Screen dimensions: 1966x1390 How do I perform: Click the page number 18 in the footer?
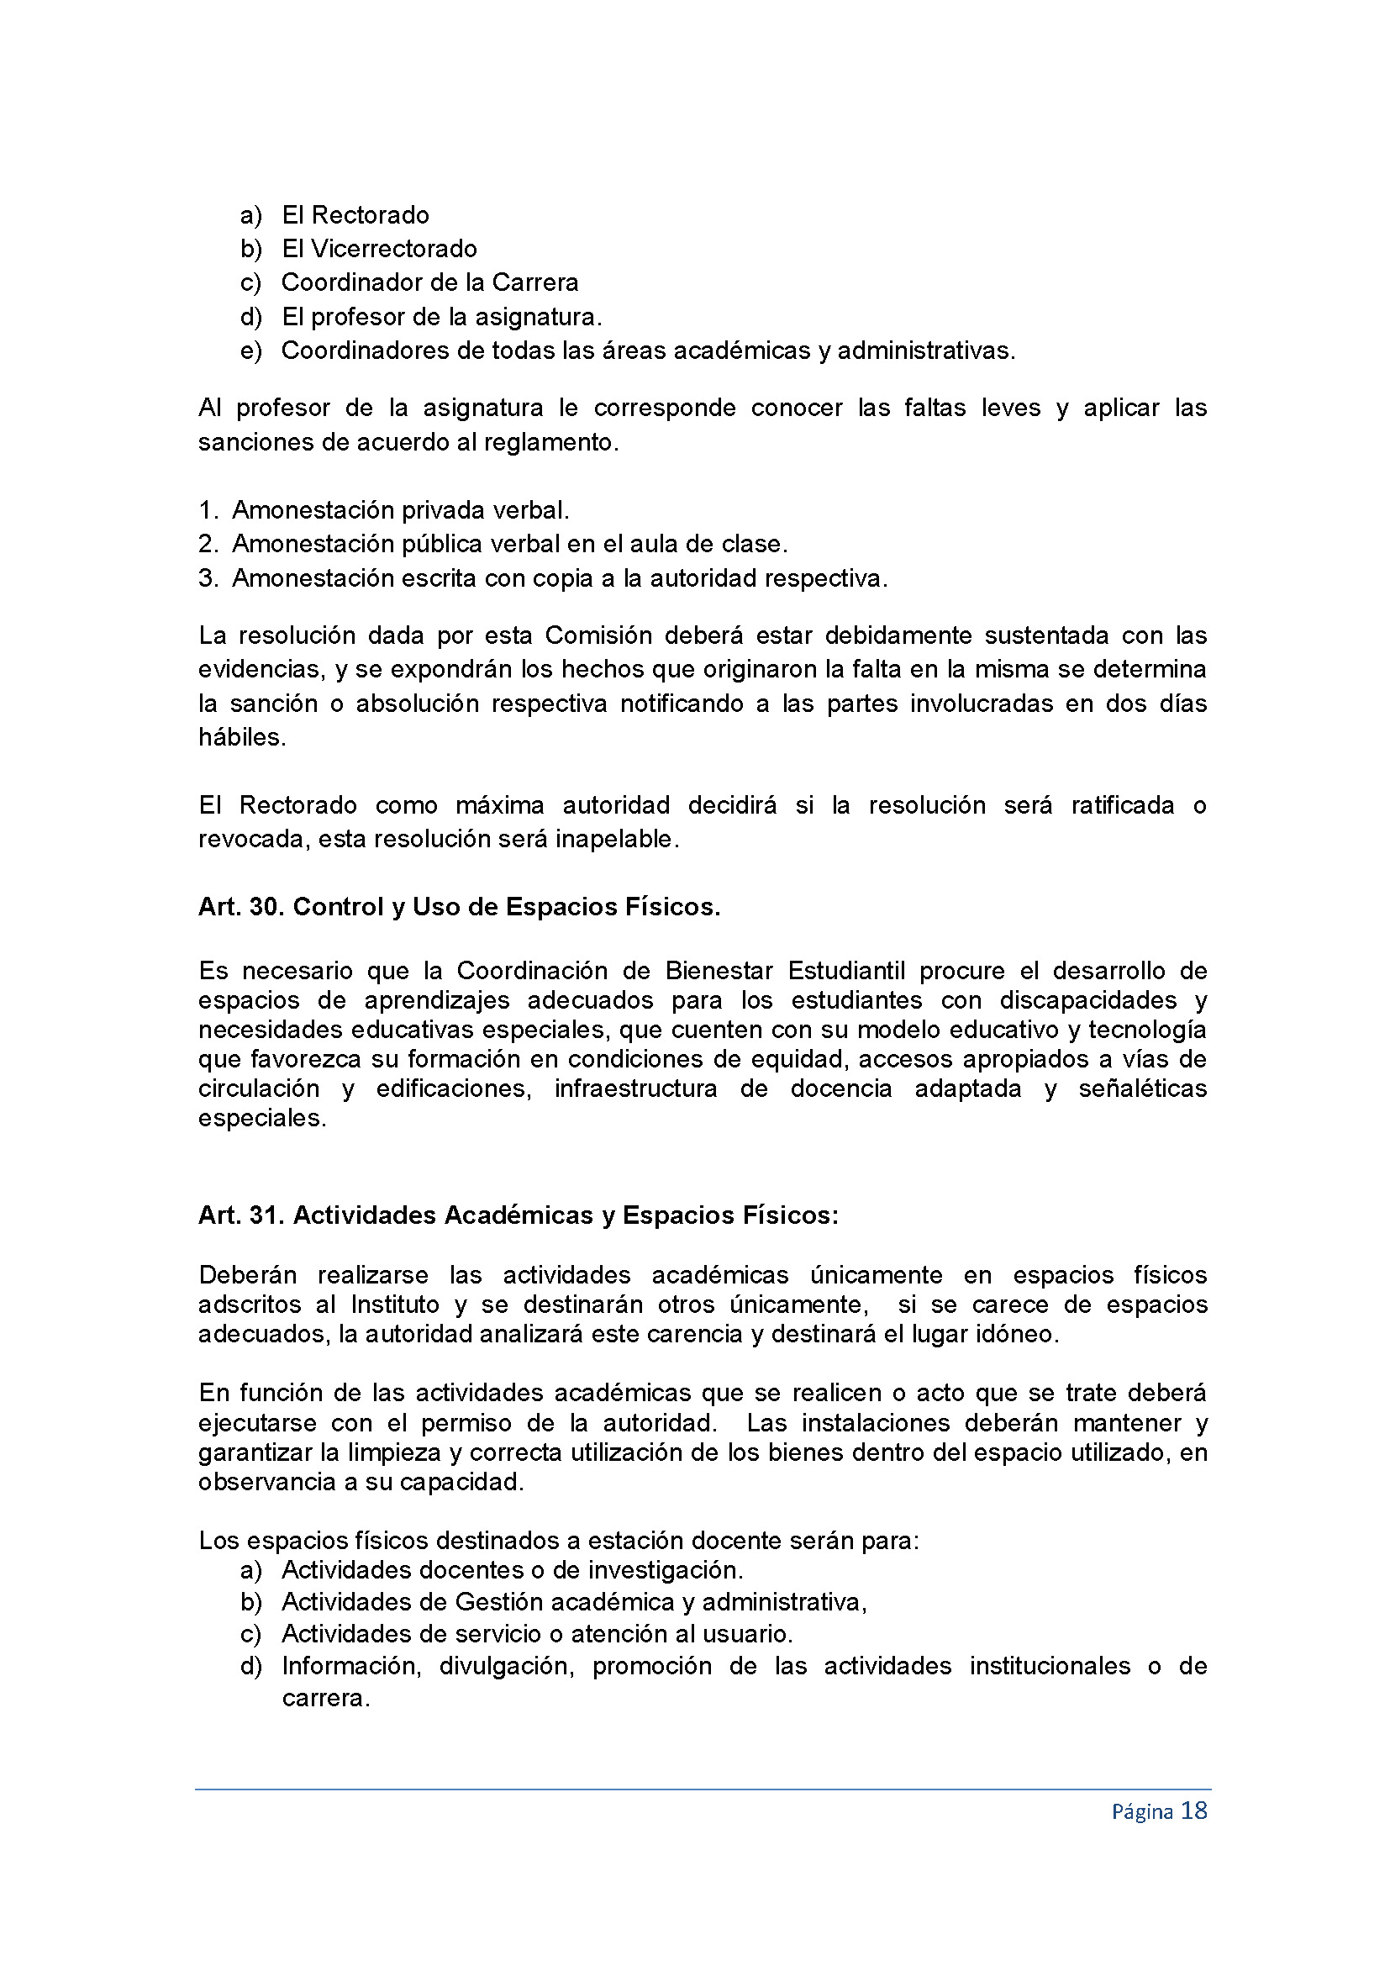tap(1193, 1811)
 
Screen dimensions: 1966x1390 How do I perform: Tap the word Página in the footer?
tap(1142, 1812)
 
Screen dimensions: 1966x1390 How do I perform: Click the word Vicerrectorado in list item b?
tap(393, 248)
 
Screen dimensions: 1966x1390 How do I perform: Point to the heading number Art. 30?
tap(240, 907)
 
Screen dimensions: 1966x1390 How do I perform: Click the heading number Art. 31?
tap(240, 1215)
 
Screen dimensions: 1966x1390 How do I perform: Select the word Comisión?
tap(598, 635)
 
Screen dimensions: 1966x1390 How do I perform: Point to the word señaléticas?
tap(1142, 1088)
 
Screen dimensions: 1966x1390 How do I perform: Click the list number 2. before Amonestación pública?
tap(209, 544)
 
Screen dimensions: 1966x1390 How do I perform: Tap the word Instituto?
tap(392, 1305)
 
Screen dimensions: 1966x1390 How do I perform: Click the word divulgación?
tap(506, 1666)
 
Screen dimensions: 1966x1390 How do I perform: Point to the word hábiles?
tap(241, 737)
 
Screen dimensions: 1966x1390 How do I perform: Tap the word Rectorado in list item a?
tap(370, 215)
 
